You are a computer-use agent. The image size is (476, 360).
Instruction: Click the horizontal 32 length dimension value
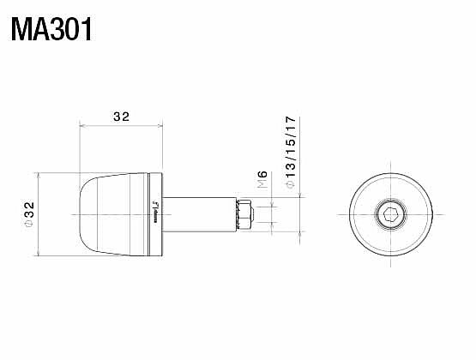[120, 117]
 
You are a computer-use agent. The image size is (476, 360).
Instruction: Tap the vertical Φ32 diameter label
[28, 213]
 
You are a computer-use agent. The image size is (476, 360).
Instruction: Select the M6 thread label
[262, 181]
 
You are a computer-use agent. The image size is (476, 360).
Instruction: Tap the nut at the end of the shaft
[245, 214]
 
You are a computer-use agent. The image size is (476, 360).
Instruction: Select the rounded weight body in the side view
[113, 214]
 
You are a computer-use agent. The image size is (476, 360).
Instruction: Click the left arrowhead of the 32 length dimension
[82, 128]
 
